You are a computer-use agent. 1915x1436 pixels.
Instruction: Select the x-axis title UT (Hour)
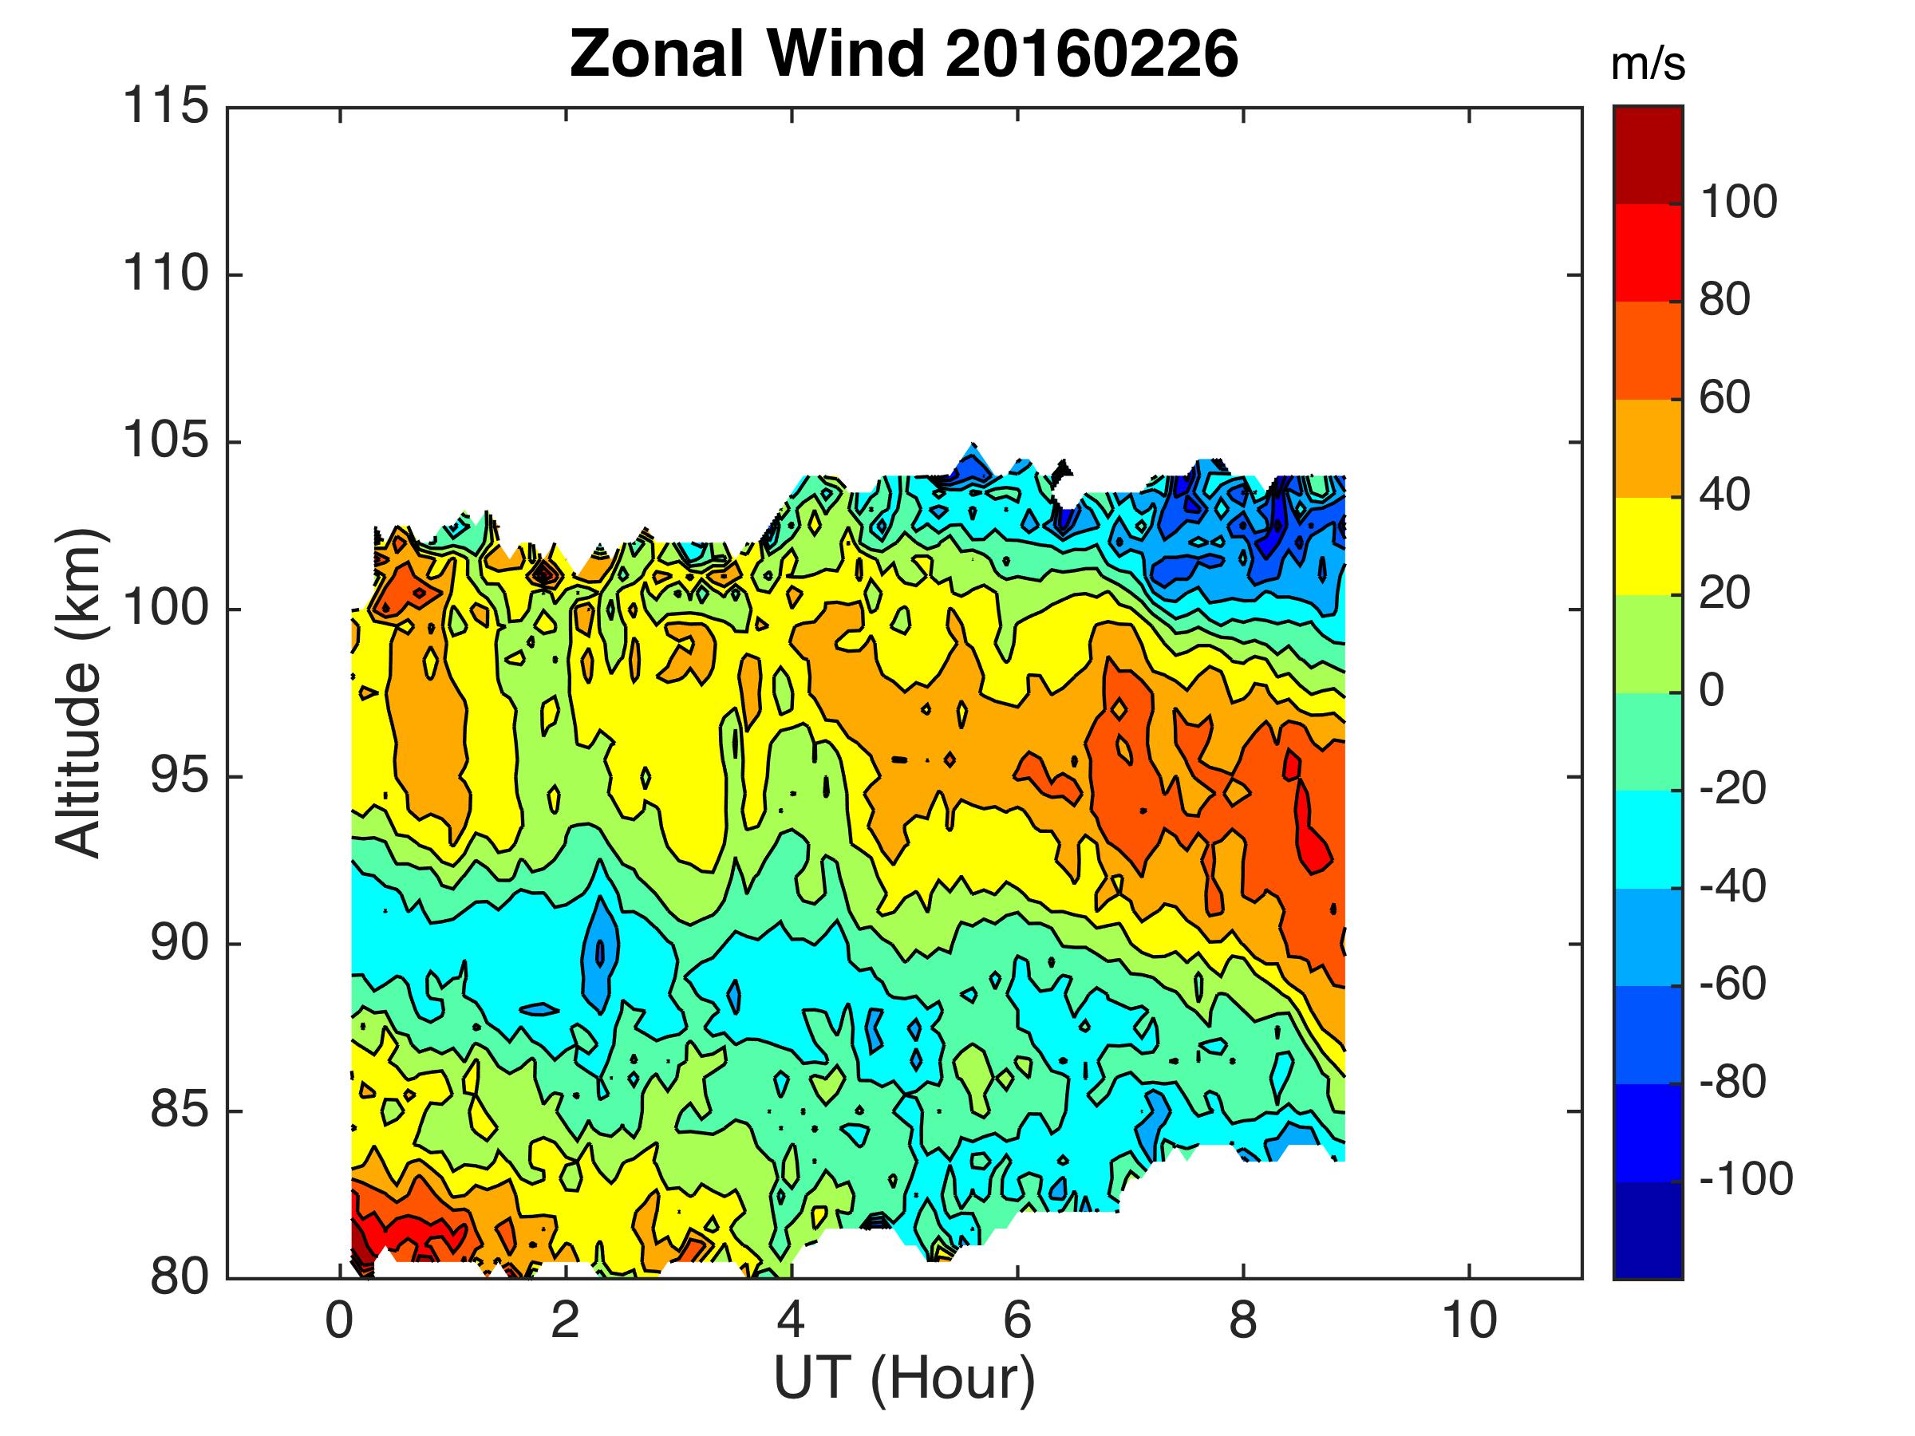[x=904, y=1378]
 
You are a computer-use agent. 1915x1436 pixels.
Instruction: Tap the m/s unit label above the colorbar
[x=1648, y=65]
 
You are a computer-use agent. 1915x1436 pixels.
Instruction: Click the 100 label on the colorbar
[x=1739, y=203]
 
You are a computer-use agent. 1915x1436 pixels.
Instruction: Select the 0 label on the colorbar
[x=1712, y=691]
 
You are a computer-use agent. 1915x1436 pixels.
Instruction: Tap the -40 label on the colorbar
[x=1732, y=886]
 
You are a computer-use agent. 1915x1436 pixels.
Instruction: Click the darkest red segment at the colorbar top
[x=1648, y=154]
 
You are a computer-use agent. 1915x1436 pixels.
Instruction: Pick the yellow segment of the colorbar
[x=1648, y=546]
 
